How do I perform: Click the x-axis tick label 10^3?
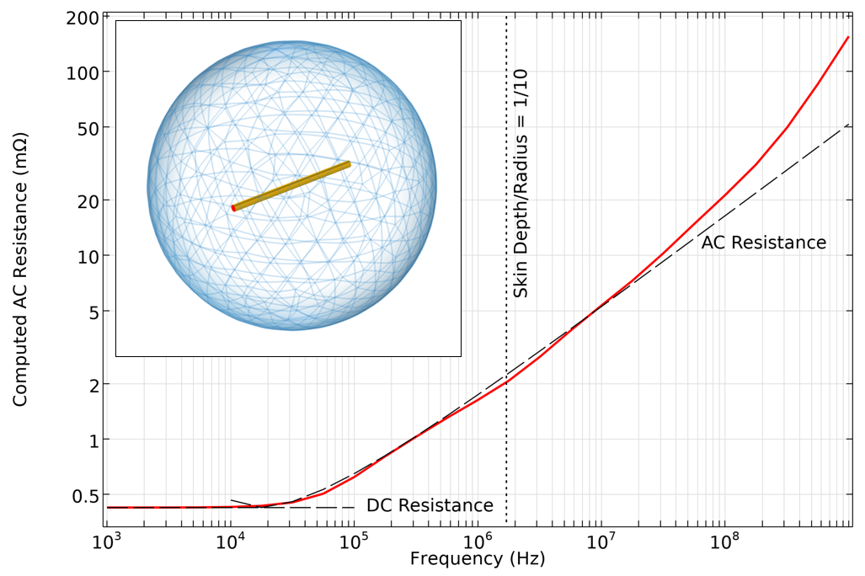point(107,543)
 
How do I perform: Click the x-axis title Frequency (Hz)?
point(478,559)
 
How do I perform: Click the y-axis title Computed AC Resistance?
point(20,268)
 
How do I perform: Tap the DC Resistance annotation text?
point(430,506)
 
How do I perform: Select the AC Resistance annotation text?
point(764,243)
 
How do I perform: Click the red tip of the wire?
point(233,207)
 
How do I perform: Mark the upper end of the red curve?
point(847,37)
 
